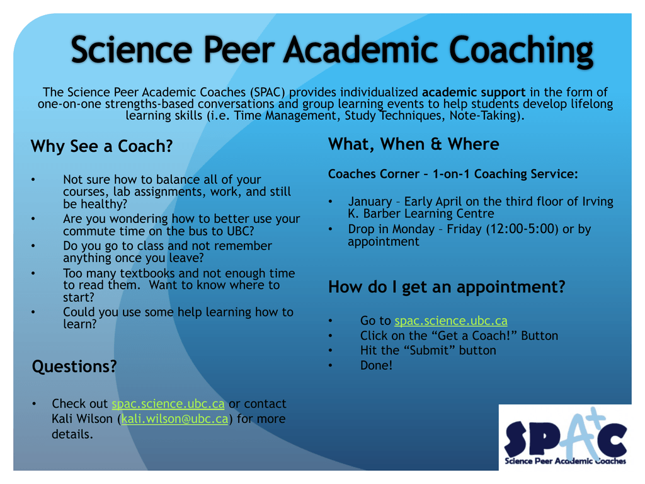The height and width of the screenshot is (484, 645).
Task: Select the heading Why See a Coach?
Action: (x=101, y=146)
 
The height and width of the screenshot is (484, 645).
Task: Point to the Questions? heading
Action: (x=74, y=366)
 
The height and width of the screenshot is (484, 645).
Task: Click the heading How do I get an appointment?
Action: (x=447, y=287)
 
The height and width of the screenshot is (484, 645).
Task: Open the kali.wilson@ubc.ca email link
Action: (x=175, y=418)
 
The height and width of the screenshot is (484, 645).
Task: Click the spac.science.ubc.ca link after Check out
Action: (x=168, y=404)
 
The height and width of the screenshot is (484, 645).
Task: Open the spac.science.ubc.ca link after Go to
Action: (x=451, y=321)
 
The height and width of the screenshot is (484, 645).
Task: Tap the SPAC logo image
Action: (x=565, y=437)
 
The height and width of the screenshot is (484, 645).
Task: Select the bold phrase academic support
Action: (x=474, y=92)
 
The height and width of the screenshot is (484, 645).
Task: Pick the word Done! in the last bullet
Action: (x=377, y=365)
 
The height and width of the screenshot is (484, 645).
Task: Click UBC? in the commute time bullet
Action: (x=241, y=231)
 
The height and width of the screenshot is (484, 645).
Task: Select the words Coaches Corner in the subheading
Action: (x=374, y=174)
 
